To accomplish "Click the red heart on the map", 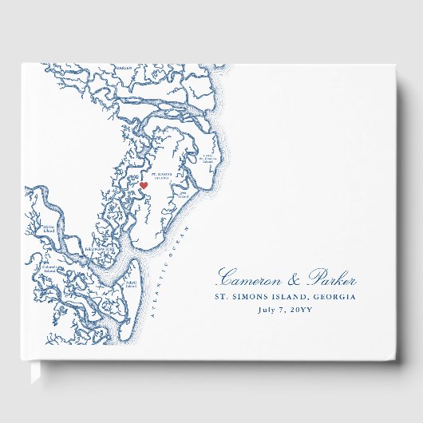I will click(144, 185).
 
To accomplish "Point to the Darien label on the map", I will click(124, 69).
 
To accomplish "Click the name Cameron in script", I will click(249, 279).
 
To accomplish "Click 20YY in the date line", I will click(302, 310).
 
